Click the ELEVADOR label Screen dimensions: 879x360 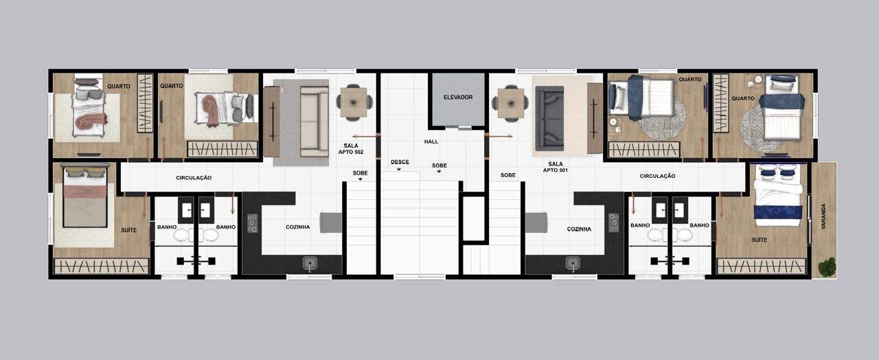pyautogui.click(x=458, y=97)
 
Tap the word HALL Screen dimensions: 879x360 pyautogui.click(x=431, y=142)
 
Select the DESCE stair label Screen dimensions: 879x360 pyautogui.click(x=400, y=161)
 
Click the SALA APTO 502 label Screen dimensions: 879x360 pyautogui.click(x=351, y=149)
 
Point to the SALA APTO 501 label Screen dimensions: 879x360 pyautogui.click(x=556, y=167)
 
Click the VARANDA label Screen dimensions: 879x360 pyautogui.click(x=823, y=216)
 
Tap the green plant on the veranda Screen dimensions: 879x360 pyautogui.click(x=827, y=267)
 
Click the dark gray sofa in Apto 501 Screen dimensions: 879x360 pyautogui.click(x=550, y=118)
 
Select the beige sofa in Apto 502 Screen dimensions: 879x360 pyautogui.click(x=315, y=122)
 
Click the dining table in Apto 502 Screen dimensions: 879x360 pyautogui.click(x=354, y=103)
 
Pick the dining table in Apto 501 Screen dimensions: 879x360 pyautogui.click(x=511, y=103)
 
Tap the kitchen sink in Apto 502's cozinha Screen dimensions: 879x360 pyautogui.click(x=310, y=263)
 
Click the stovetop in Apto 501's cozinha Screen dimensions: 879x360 pyautogui.click(x=614, y=223)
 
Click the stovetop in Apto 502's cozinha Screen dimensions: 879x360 pyautogui.click(x=252, y=223)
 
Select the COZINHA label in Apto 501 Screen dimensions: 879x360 pyautogui.click(x=579, y=229)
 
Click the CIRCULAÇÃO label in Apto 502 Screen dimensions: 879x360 pyautogui.click(x=194, y=178)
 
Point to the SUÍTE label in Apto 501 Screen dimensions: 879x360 pyautogui.click(x=760, y=240)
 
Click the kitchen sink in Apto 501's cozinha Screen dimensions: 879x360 pyautogui.click(x=573, y=264)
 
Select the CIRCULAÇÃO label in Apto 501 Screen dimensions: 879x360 pyautogui.click(x=658, y=176)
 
